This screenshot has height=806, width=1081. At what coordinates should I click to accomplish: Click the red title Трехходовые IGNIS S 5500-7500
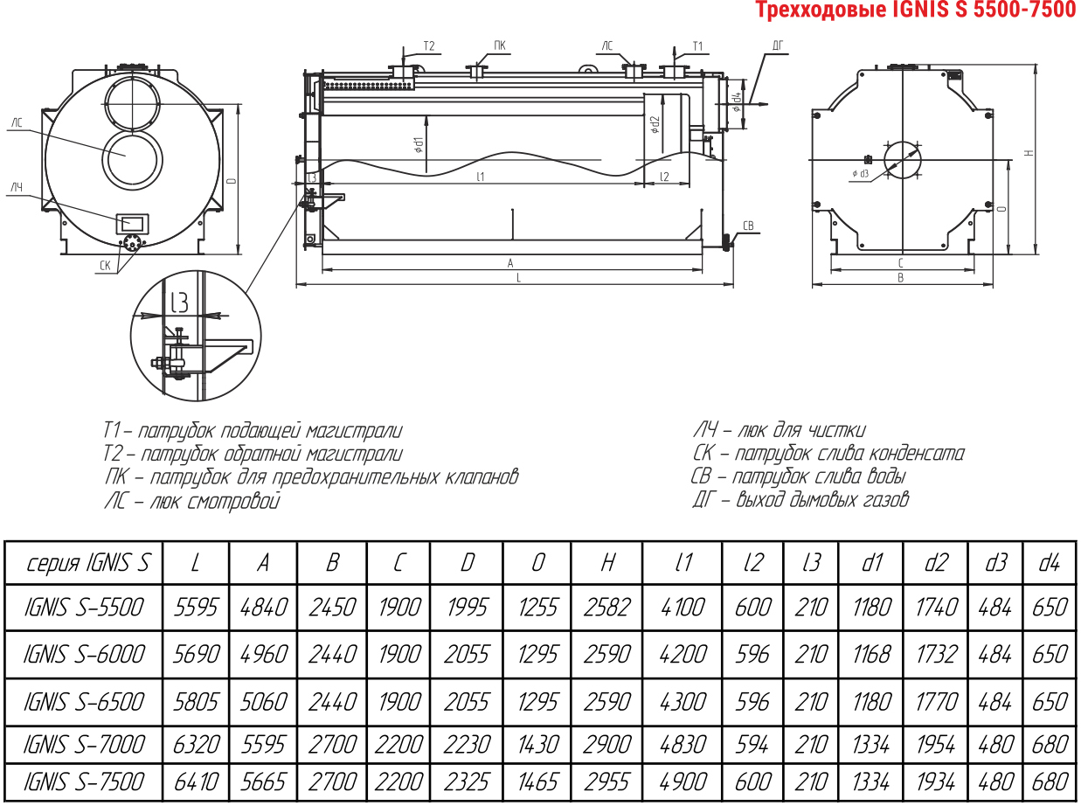tap(916, 10)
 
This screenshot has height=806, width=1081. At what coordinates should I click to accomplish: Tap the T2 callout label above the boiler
tap(429, 45)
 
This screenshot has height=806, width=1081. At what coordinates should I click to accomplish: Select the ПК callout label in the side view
tap(499, 45)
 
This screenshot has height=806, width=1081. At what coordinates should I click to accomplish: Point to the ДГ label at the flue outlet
tap(778, 45)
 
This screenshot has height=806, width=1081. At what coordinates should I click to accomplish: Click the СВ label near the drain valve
tap(747, 226)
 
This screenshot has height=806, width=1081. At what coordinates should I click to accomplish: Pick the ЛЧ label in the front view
tap(17, 188)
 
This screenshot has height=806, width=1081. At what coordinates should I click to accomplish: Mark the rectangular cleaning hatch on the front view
tap(131, 223)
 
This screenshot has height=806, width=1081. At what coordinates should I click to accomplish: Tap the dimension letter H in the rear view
tap(1029, 153)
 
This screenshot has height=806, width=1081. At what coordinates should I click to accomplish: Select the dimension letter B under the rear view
tap(901, 278)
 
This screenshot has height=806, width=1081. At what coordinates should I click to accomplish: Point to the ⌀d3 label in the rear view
tap(861, 173)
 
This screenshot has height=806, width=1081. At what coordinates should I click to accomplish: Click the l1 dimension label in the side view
tap(481, 177)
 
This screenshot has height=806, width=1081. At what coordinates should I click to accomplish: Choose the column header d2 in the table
tap(936, 563)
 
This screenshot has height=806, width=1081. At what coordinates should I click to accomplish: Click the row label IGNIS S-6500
tap(84, 702)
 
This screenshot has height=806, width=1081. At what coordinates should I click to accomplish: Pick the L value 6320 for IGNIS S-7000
tap(196, 745)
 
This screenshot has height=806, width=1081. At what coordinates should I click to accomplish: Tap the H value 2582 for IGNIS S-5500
tap(607, 607)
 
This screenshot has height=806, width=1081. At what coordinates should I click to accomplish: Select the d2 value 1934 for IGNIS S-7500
tap(936, 782)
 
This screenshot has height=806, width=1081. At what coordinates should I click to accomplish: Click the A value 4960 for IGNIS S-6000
tap(264, 654)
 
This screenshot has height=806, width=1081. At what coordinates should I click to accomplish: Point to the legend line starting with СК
tap(828, 453)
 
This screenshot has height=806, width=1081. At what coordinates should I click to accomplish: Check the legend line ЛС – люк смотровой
tap(192, 502)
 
